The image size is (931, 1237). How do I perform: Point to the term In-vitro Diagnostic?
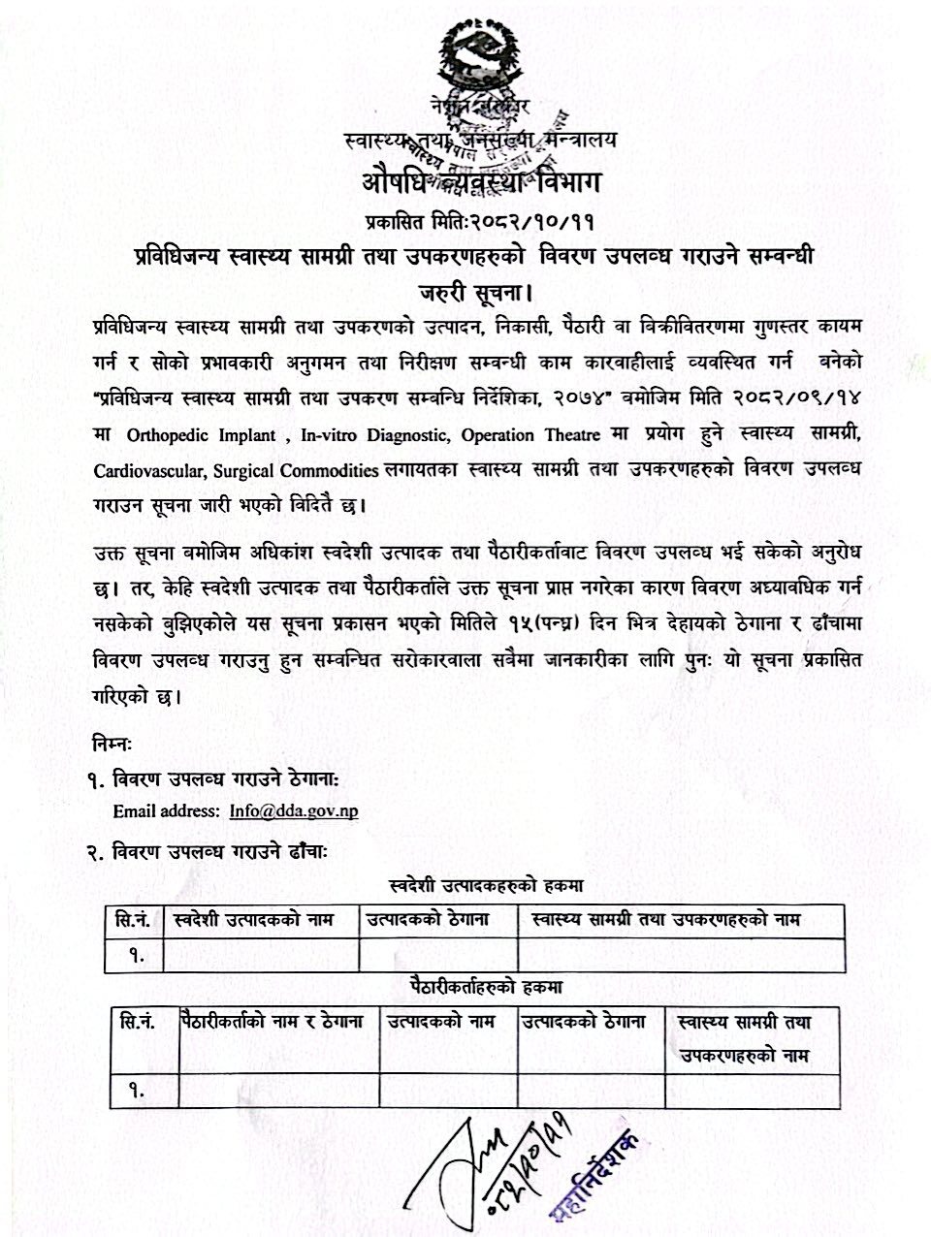tap(374, 436)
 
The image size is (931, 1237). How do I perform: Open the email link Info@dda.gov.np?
tap(294, 810)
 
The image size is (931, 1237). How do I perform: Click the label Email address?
tap(166, 810)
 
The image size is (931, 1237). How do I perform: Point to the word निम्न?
tap(113, 743)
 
